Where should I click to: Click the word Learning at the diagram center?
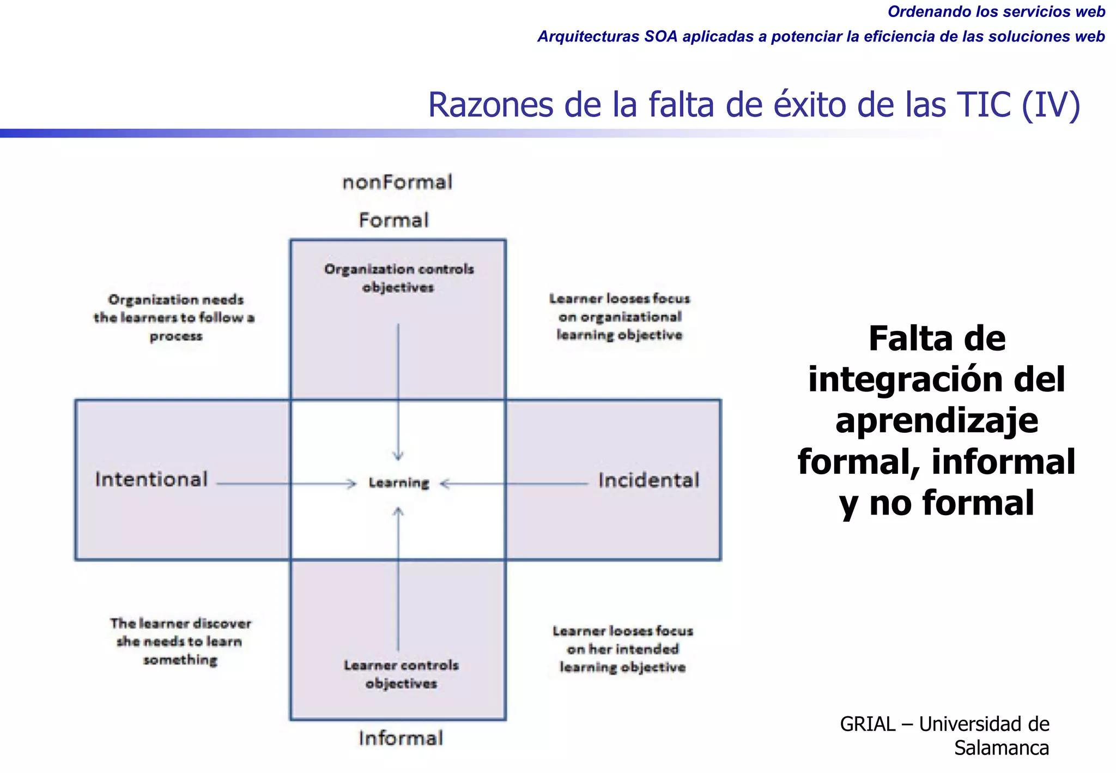[399, 483]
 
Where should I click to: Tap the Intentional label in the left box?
[151, 480]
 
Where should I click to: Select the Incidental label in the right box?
[648, 480]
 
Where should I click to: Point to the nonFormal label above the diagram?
[397, 182]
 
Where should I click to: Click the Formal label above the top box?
[393, 220]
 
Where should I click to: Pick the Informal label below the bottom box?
[401, 738]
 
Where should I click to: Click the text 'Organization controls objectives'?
[399, 278]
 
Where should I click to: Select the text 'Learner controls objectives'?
[401, 674]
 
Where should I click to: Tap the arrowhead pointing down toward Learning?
[398, 456]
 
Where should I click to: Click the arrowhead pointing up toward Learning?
[398, 511]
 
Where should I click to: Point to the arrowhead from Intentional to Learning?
[352, 484]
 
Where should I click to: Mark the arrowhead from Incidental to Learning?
[445, 484]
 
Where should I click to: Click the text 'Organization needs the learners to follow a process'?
[175, 318]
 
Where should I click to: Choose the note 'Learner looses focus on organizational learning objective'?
[620, 317]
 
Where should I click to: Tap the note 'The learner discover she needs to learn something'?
[180, 642]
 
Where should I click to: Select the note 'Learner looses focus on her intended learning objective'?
[623, 649]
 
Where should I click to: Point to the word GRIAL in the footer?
[868, 724]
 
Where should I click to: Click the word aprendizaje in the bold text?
[937, 421]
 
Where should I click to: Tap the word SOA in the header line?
[661, 37]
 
